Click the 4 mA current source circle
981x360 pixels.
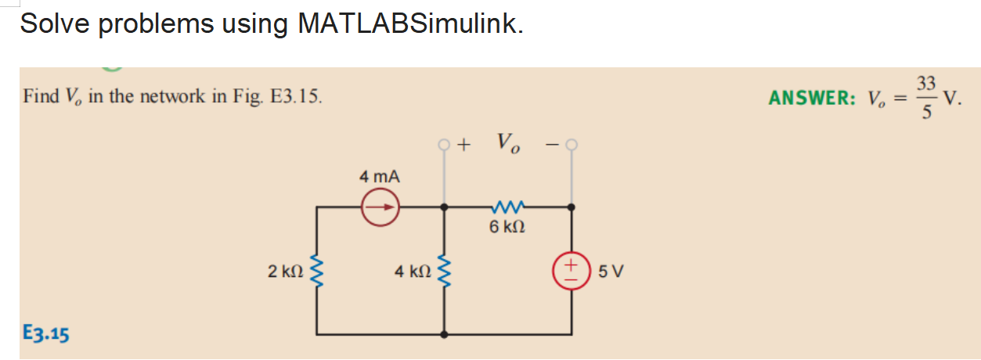pyautogui.click(x=380, y=207)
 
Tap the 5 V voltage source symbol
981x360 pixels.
pyautogui.click(x=571, y=272)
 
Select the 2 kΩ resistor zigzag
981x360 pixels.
pyautogui.click(x=317, y=272)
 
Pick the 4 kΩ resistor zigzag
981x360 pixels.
pyautogui.click(x=445, y=272)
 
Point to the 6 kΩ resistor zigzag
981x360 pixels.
pyautogui.click(x=507, y=207)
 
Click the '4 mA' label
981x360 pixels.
pyautogui.click(x=380, y=177)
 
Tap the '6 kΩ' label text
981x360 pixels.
pyautogui.click(x=507, y=228)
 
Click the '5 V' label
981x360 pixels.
pyautogui.click(x=610, y=273)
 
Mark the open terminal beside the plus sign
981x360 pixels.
pyautogui.click(x=444, y=145)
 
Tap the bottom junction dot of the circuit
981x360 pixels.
pyautogui.click(x=445, y=334)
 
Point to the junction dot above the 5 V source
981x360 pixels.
pyautogui.click(x=571, y=207)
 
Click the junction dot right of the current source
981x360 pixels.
pyautogui.click(x=445, y=207)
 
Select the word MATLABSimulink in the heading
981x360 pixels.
pyautogui.click(x=406, y=24)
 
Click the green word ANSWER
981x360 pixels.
pyautogui.click(x=812, y=99)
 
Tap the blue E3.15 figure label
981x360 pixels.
pyautogui.click(x=46, y=334)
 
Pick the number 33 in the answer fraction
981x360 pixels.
pyautogui.click(x=927, y=84)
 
